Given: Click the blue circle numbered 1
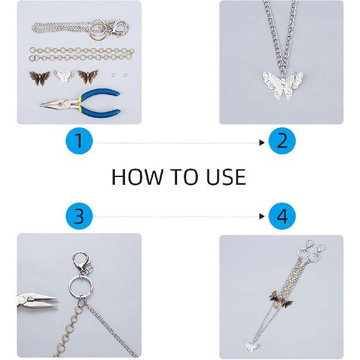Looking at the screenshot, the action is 79,141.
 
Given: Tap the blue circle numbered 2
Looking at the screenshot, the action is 282,141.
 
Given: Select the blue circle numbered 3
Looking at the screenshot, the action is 79,216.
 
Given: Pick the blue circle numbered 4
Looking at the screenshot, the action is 282,216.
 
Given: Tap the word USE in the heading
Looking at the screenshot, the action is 227,177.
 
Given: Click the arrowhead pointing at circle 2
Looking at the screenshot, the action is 262,143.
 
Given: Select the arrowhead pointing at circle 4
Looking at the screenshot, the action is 262,216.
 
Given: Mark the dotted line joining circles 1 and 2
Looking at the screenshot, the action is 177,143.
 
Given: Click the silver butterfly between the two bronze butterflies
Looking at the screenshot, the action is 64,77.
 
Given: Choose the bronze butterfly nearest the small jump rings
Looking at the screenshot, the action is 88,76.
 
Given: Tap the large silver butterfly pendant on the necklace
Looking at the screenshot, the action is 283,85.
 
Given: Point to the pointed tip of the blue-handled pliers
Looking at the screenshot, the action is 41,105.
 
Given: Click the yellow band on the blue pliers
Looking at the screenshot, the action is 80,102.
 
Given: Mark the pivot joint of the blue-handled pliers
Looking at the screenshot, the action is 61,105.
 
